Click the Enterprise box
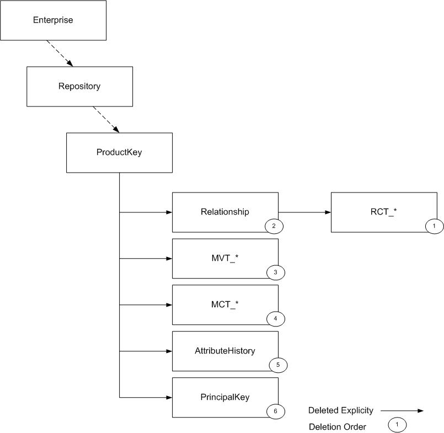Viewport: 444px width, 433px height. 53,20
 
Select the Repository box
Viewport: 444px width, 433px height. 79,87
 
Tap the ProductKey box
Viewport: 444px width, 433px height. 119,152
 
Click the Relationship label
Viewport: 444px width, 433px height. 225,212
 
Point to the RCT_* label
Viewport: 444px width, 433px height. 384,212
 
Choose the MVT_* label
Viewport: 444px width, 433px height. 225,258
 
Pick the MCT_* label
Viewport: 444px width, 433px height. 225,304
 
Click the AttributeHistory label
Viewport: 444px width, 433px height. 225,351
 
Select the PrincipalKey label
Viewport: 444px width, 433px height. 225,397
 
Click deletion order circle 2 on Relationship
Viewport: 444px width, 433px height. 274,226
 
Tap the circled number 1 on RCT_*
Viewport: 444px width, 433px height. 434,226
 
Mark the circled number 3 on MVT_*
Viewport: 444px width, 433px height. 275,272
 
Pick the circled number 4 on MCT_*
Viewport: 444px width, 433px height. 275,318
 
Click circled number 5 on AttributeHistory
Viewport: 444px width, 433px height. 277,365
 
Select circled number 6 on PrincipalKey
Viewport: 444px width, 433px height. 275,411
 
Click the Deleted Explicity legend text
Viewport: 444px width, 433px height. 341,410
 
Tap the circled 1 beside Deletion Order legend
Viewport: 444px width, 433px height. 397,425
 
